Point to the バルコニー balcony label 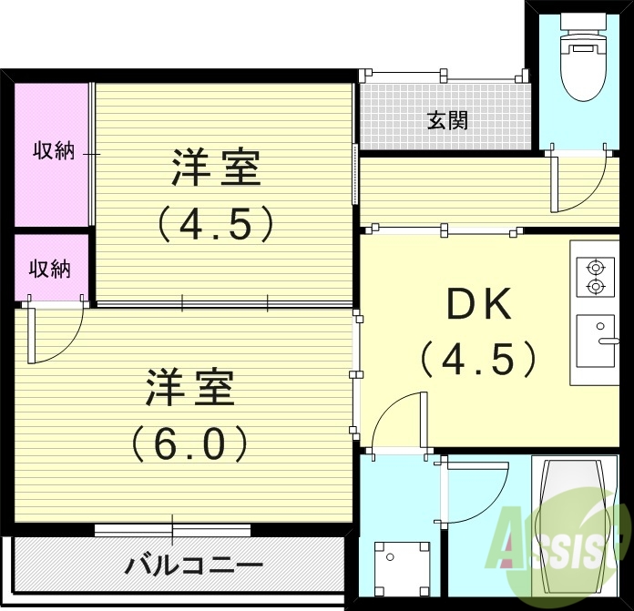[194, 565]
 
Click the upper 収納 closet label [54, 150]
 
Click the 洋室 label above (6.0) [190, 389]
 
